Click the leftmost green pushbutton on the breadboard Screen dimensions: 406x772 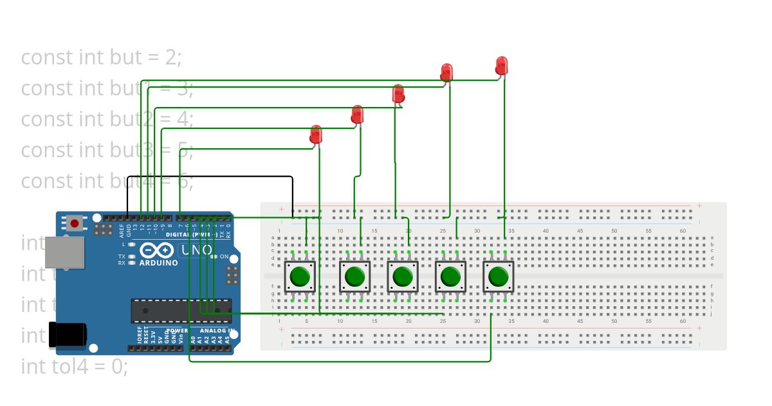coord(300,277)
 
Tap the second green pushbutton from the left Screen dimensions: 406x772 coord(354,277)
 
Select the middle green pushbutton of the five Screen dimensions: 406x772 coord(402,277)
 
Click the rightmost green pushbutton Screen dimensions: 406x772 coord(498,277)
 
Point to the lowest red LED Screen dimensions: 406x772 coord(315,135)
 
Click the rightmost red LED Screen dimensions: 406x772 coord(502,65)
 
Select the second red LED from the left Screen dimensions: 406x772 coord(357,115)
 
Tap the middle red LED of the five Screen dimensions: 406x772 coord(398,94)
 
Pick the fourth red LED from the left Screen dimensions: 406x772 coord(446,72)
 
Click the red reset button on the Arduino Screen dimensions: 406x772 coord(75,224)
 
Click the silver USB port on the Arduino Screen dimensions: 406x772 coord(64,252)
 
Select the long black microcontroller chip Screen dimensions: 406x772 coord(181,311)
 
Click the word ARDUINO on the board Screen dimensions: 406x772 coord(158,263)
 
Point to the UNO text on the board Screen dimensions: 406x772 coord(196,250)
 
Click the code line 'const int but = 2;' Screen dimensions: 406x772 coord(102,57)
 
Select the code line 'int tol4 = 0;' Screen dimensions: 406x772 coord(75,367)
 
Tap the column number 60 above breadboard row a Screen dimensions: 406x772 coord(683,231)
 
